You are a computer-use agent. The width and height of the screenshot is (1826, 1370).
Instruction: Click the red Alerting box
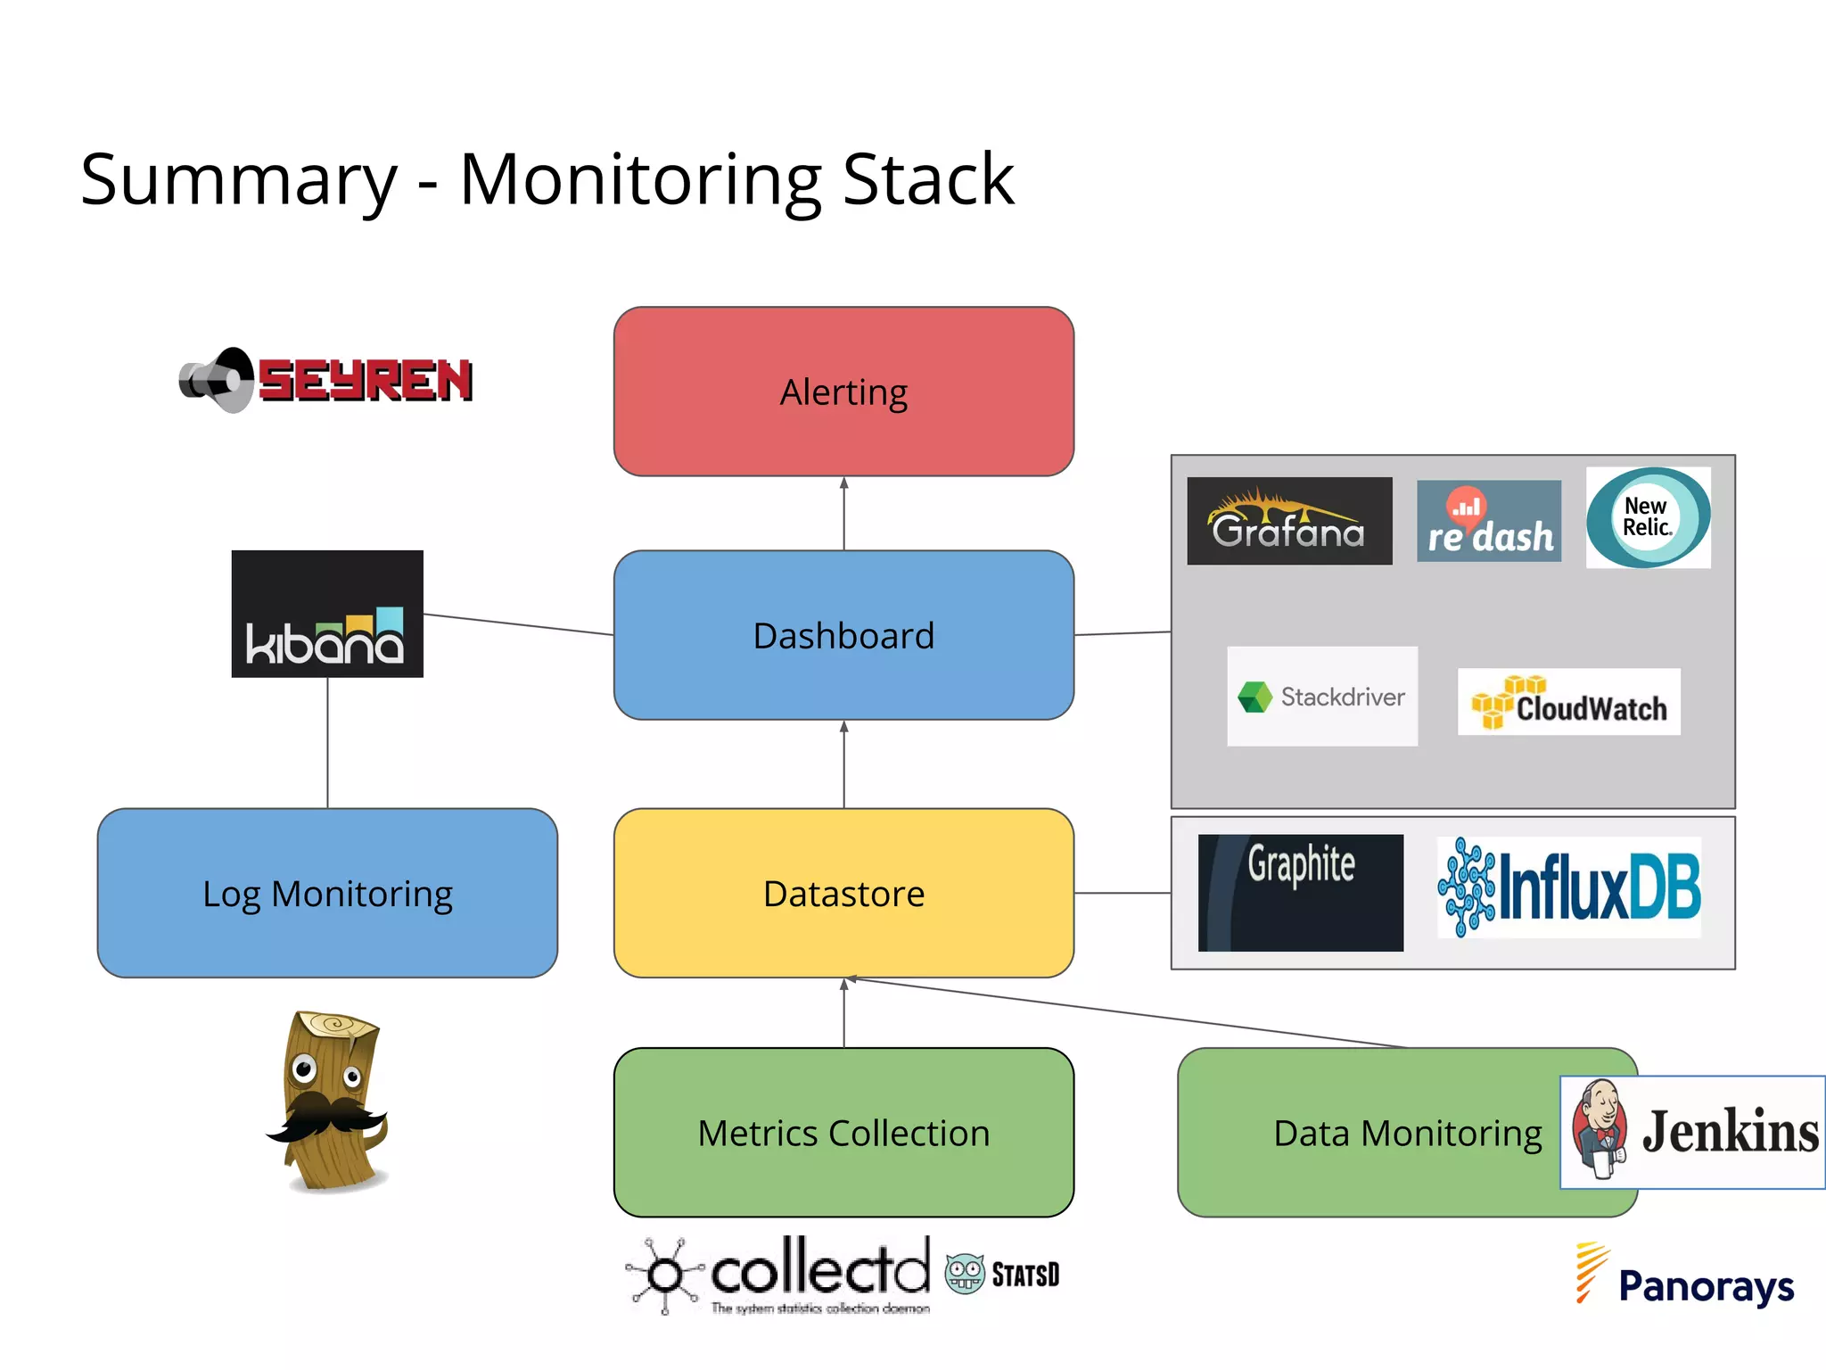(843, 392)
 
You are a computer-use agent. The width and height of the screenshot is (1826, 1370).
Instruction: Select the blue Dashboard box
(843, 635)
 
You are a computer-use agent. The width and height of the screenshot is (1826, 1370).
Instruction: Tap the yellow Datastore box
(843, 893)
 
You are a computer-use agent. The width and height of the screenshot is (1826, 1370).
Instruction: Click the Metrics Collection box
(843, 1132)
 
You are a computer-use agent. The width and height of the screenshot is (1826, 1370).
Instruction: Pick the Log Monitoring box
(327, 893)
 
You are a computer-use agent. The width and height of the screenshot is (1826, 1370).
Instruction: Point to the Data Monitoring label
(1407, 1134)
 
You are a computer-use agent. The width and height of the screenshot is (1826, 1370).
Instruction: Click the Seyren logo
(326, 380)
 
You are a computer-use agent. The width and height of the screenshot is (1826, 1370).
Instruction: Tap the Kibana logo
(327, 614)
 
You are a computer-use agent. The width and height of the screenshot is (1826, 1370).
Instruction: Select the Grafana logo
(1289, 521)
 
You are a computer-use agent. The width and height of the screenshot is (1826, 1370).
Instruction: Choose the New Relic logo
(1648, 517)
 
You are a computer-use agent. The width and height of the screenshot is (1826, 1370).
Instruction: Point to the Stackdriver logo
(1322, 697)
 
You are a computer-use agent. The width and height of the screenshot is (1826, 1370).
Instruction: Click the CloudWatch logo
(1569, 703)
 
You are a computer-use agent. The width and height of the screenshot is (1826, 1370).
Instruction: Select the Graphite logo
(1300, 892)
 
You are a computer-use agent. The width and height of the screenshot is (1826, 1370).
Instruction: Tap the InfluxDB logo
(1569, 887)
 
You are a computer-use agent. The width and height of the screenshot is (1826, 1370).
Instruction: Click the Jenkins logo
(1692, 1132)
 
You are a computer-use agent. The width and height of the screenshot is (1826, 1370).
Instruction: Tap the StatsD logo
(1003, 1274)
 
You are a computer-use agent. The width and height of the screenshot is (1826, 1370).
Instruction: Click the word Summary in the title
(239, 180)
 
